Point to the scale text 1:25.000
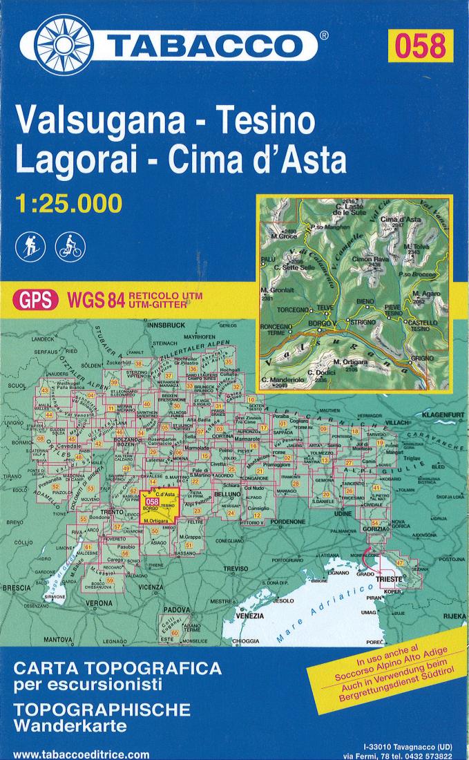(x=68, y=202)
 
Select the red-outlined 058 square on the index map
(x=162, y=503)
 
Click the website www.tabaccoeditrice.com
(x=80, y=754)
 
